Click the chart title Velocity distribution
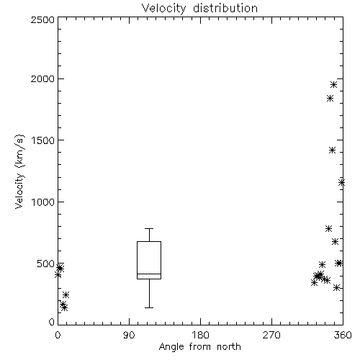[x=199, y=8]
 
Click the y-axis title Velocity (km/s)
[x=19, y=171]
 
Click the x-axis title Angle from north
[x=199, y=347]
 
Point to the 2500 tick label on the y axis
[x=42, y=19]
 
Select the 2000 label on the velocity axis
[x=42, y=78]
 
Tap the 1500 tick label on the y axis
[x=43, y=140]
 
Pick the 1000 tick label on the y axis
[x=43, y=202]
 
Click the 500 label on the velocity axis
[x=46, y=264]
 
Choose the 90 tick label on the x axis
[x=129, y=335]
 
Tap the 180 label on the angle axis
[x=200, y=335]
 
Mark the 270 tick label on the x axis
[x=271, y=335]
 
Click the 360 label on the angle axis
[x=343, y=335]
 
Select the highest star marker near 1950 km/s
[x=333, y=85]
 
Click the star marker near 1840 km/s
[x=330, y=98]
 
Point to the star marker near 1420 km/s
[x=332, y=150]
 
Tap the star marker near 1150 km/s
[x=341, y=183]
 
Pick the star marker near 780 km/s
[x=329, y=228]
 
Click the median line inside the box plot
[x=149, y=274]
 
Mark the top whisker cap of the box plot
[x=149, y=229]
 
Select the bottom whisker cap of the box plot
[x=149, y=307]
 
